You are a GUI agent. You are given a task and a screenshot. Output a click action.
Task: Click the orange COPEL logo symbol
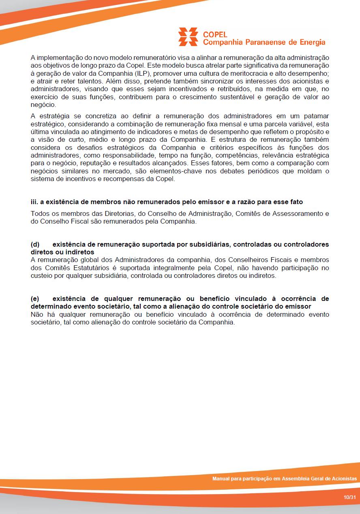[188, 37]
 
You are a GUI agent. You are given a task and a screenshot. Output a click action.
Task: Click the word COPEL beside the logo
[215, 34]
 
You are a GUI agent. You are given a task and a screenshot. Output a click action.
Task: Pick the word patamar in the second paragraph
[316, 116]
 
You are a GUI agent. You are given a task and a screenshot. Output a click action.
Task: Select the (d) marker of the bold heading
[35, 244]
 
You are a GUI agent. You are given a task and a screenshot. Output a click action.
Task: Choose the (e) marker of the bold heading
[35, 299]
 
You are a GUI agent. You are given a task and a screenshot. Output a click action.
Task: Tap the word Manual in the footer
[221, 479]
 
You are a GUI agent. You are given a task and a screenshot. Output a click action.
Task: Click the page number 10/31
[349, 497]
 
